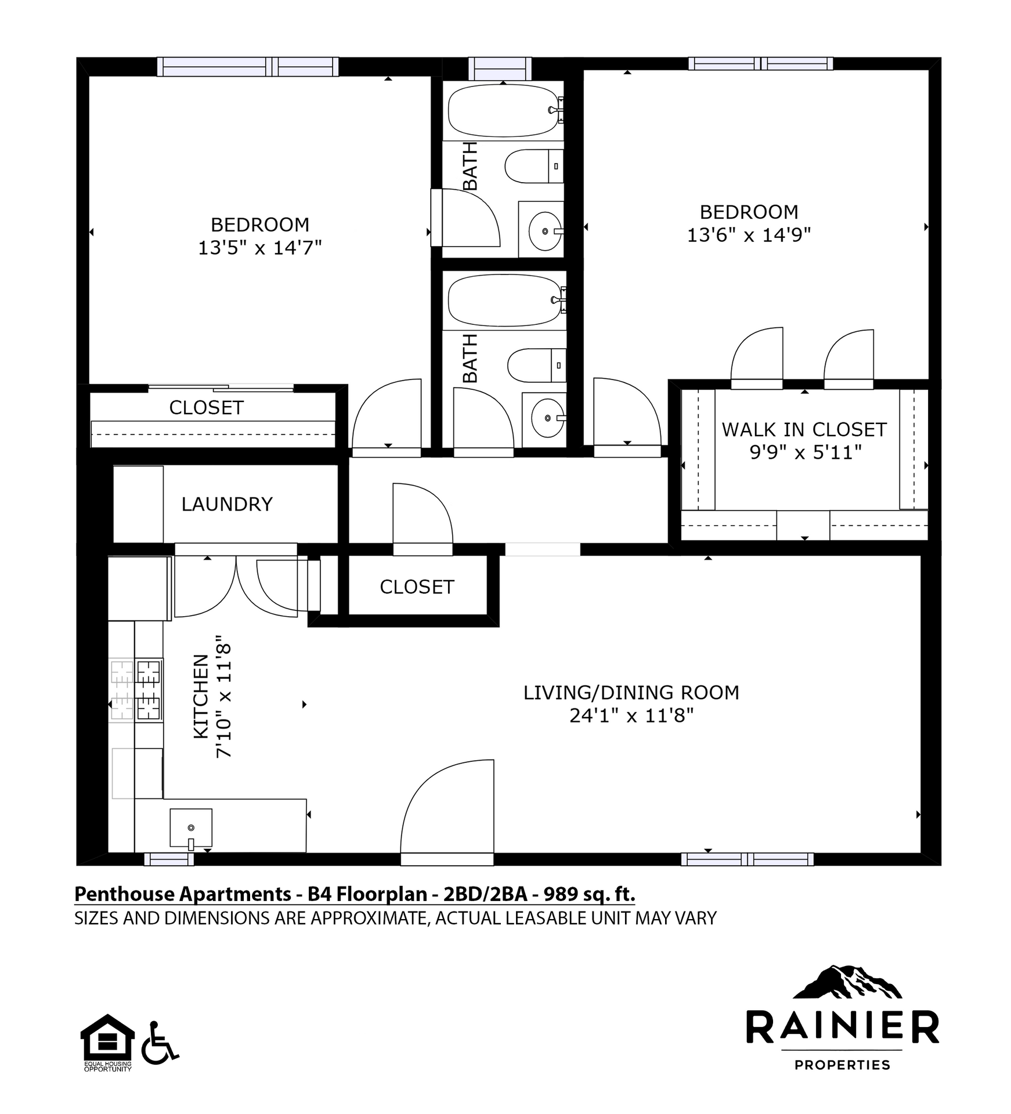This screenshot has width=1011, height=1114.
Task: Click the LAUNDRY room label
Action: click(x=227, y=504)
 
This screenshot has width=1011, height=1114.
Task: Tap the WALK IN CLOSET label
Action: click(x=804, y=430)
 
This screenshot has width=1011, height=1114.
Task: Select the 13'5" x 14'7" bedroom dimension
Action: click(x=260, y=248)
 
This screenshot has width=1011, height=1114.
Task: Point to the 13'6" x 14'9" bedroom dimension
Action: click(x=749, y=235)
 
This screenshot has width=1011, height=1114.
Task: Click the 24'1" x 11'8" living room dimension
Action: click(x=631, y=715)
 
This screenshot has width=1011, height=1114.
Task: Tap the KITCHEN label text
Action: click(x=201, y=697)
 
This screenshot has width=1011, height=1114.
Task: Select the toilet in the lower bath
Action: click(x=536, y=366)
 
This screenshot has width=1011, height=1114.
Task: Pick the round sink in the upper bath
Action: click(x=545, y=231)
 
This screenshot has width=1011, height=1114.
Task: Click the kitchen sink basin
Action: click(x=191, y=827)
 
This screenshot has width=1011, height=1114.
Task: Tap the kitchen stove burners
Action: click(x=136, y=690)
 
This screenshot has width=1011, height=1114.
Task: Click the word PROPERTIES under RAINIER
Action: click(x=842, y=1065)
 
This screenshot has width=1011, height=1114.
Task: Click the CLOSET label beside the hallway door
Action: click(x=417, y=587)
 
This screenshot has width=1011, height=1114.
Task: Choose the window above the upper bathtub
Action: click(x=500, y=68)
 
